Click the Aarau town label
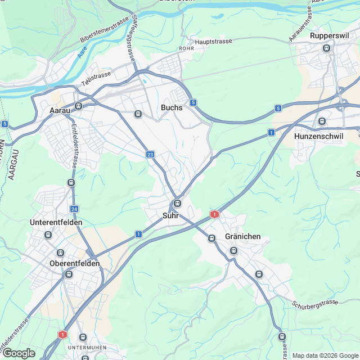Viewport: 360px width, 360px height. tap(60, 110)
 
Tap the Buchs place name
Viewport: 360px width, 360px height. tap(172, 107)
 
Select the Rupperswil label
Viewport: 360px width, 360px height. tap(330, 36)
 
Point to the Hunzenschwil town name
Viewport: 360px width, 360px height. tap(318, 136)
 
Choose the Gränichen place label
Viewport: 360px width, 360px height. tap(242, 236)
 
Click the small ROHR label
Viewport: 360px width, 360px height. tap(186, 49)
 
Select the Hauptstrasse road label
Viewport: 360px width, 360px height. tap(214, 42)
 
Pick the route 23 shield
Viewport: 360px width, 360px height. tap(150, 155)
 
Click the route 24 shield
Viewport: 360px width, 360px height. tap(74, 209)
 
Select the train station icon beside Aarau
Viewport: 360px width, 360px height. tap(79, 105)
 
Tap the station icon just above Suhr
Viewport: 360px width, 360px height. tap(177, 203)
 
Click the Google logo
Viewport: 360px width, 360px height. tap(19, 353)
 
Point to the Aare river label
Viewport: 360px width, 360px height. tap(82, 53)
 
